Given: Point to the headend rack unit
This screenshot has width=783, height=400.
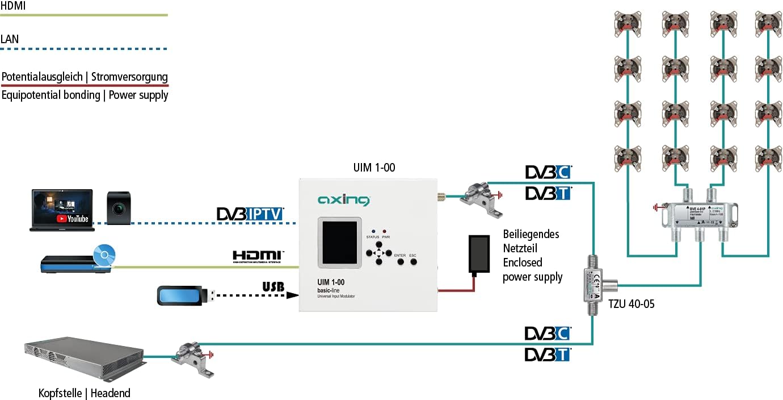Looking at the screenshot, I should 83,359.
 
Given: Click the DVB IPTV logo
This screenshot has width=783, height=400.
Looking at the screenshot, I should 250,214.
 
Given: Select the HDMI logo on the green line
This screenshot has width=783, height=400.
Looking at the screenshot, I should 258,256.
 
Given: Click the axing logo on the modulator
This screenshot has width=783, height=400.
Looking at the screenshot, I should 344,200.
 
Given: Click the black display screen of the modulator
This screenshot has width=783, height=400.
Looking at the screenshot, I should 339,241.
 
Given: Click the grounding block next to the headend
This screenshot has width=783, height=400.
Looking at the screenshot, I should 195,357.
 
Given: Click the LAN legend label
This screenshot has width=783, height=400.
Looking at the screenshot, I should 10,39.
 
